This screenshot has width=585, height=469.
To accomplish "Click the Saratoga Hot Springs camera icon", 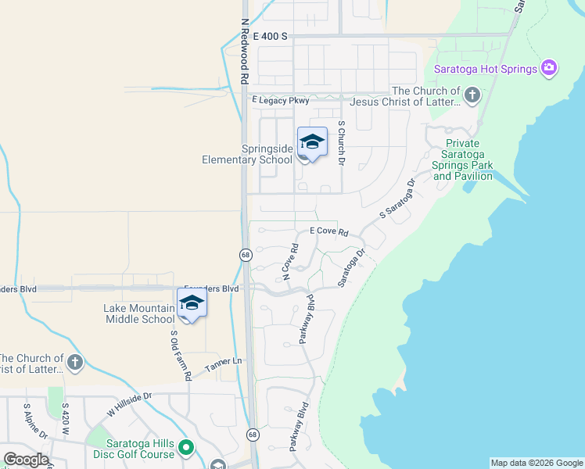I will click(549, 68).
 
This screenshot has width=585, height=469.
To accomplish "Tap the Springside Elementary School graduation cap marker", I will click(312, 142).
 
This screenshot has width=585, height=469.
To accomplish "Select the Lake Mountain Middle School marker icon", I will click(192, 303).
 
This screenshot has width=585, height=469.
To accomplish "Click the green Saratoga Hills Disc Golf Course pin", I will click(185, 448).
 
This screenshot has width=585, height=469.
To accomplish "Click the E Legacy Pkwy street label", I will click(281, 101).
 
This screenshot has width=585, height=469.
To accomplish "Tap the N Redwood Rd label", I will click(245, 52).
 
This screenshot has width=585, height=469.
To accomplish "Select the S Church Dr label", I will click(341, 143).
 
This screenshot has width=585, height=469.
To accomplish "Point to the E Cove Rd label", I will click(328, 231).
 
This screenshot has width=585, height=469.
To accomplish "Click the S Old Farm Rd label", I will click(181, 354).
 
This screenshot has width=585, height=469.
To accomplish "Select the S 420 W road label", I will click(66, 419).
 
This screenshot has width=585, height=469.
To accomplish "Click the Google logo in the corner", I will click(26, 460).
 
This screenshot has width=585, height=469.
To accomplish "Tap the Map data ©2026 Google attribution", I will click(537, 463).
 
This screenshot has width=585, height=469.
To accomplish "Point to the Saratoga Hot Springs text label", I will click(486, 69).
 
